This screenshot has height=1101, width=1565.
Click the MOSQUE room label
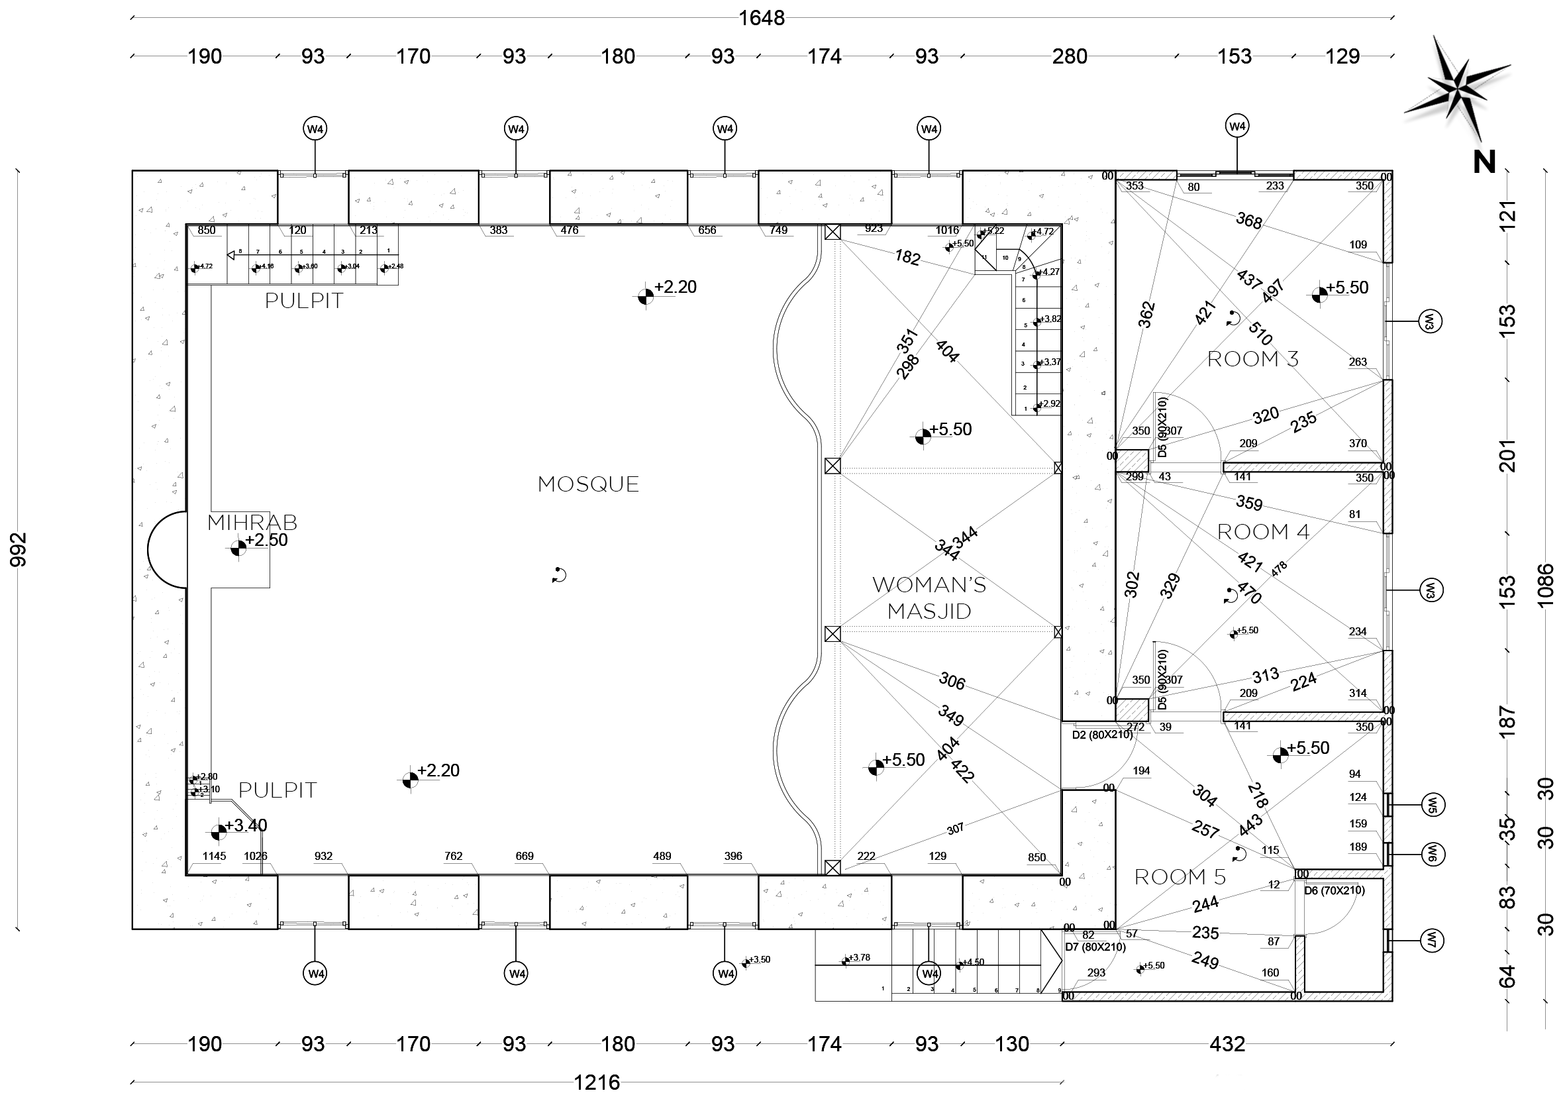coord(588,485)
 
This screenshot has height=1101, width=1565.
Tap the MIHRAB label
coord(252,523)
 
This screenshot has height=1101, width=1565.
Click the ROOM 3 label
coord(1253,359)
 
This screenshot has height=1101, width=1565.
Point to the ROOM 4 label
coord(1263,532)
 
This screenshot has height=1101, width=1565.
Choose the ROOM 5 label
coord(1180,877)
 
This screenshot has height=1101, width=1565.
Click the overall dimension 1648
coord(762,19)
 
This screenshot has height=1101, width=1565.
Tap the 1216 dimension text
coord(597,1082)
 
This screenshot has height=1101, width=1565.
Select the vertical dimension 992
coord(19,549)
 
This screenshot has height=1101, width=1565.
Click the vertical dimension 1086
coord(1546,585)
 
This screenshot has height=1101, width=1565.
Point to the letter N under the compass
coord(1484,162)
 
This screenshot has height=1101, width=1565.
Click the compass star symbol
coord(1456,87)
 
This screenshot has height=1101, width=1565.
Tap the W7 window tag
coord(1432,941)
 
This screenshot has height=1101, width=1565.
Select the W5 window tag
coord(1432,805)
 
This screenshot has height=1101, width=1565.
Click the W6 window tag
coord(1432,853)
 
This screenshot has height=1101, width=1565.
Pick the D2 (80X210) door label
coord(1102,735)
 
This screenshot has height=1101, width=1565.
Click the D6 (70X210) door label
coord(1335,890)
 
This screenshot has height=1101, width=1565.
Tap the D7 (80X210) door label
coord(1095,947)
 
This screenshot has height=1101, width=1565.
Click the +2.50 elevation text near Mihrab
coord(266,541)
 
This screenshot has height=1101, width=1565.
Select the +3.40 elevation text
coord(246,826)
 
